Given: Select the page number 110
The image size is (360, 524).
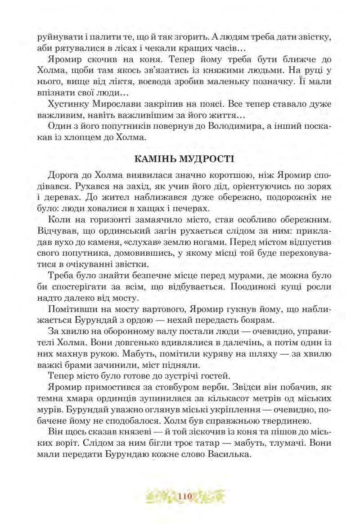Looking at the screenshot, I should [185, 497].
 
